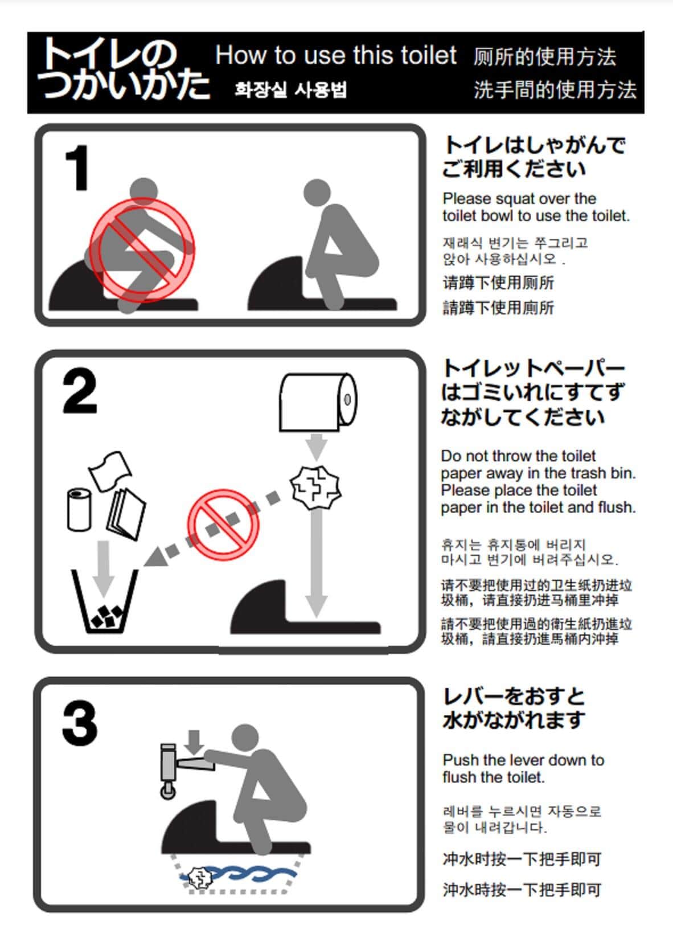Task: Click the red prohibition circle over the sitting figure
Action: [x=142, y=249]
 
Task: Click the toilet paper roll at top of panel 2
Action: [x=318, y=402]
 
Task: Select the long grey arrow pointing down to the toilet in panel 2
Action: [x=316, y=564]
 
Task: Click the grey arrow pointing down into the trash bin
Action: [x=103, y=567]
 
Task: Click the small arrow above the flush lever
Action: [x=195, y=741]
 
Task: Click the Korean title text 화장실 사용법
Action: [x=291, y=90]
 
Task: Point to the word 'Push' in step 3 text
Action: [x=461, y=760]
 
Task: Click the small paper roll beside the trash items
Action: [x=79, y=509]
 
